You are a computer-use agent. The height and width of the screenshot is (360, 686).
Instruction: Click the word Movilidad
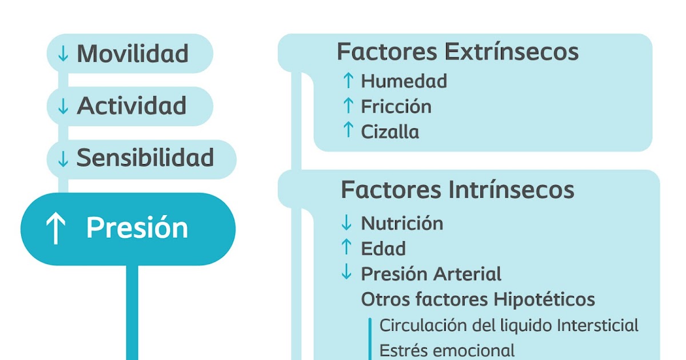133,54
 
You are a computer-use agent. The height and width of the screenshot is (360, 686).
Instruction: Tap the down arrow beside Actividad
63,106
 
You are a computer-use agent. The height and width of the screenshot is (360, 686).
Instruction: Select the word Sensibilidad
145,158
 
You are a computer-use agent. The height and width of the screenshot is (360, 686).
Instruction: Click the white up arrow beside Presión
55,229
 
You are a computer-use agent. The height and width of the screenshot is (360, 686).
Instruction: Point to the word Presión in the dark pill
137,229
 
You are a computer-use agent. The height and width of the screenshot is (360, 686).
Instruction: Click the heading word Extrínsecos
512,52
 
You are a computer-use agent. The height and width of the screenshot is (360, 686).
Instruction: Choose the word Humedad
404,81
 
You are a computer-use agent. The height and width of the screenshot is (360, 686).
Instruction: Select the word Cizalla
390,132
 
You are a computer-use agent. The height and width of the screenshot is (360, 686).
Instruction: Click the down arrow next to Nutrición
346,222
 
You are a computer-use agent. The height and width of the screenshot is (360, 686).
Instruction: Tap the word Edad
384,249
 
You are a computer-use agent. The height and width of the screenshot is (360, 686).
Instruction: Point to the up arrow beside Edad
346,247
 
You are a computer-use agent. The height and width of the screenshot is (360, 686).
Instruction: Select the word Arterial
466,274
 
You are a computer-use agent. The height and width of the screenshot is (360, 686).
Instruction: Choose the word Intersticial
597,326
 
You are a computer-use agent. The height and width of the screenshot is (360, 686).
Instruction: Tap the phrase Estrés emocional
447,350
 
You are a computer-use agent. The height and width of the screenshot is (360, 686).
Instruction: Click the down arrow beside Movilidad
63,54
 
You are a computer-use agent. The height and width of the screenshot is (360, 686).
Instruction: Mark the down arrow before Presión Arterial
346,273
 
